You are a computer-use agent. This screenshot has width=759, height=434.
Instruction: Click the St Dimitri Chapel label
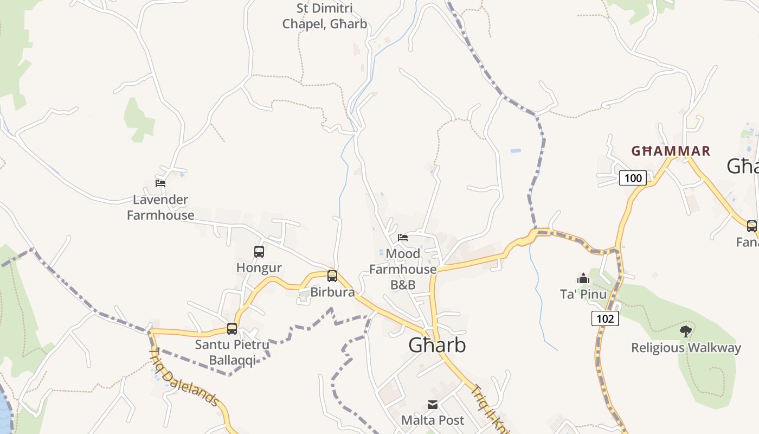pos(324,16)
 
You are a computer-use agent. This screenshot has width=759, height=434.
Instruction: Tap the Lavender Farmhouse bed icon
pos(160,183)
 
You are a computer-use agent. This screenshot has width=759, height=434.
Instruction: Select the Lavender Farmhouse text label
pos(160,207)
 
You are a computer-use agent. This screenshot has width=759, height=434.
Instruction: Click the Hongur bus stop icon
pos(259,251)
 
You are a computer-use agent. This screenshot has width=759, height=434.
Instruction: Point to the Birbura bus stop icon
pos(332,276)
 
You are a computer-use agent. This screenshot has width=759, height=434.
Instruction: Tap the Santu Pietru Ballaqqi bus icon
pos(232,328)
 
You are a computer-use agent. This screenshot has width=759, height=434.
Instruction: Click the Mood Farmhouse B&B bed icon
pos(403,237)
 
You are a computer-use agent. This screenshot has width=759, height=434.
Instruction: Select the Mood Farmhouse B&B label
pos(403,269)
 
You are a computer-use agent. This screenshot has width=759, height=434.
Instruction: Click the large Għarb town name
pos(436,346)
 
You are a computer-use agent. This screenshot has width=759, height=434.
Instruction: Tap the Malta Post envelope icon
pos(433,404)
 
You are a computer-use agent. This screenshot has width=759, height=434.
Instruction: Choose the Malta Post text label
pos(433,420)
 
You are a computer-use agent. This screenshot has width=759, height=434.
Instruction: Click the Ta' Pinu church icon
pos(583,278)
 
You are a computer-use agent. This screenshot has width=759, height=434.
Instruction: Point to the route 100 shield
pos(633,178)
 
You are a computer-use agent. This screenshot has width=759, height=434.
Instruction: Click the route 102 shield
pos(604,318)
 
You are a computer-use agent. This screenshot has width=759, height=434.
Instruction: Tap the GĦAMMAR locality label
pos(671,151)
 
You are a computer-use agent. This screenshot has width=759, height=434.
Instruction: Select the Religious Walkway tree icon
pos(686,330)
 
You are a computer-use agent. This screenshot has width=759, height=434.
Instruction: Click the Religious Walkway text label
pos(686,348)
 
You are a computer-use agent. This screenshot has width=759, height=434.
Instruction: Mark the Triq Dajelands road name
pos(184,378)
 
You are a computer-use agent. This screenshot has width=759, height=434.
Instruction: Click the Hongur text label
pos(259,267)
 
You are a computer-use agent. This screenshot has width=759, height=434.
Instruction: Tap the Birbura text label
pos(332,292)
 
